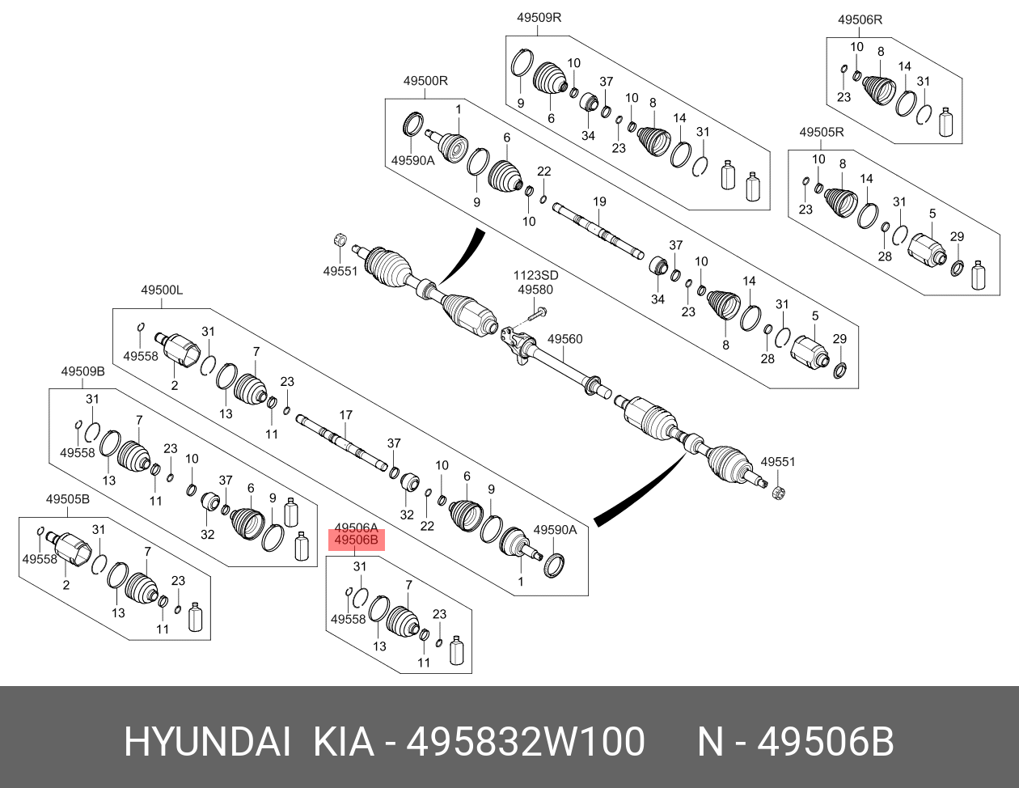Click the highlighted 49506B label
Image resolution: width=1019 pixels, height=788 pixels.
pyautogui.click(x=357, y=540)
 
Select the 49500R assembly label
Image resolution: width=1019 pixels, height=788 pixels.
pyautogui.click(x=425, y=81)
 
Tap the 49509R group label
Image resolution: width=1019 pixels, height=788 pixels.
pyautogui.click(x=539, y=18)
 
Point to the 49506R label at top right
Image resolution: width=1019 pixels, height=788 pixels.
pyautogui.click(x=860, y=19)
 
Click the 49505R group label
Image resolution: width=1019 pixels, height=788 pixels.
pyautogui.click(x=822, y=132)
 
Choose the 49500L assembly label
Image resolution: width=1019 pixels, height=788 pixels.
pyautogui.click(x=162, y=290)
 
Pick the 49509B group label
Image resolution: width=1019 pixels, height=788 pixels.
pyautogui.click(x=83, y=371)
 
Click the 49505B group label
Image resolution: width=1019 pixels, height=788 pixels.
pyautogui.click(x=67, y=499)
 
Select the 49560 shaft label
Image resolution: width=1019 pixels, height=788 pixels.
pyautogui.click(x=565, y=339)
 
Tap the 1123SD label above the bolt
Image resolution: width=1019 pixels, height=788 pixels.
pyautogui.click(x=535, y=275)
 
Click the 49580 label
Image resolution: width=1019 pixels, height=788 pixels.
pyautogui.click(x=535, y=290)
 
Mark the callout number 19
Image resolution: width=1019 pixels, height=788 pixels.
pyautogui.click(x=599, y=201)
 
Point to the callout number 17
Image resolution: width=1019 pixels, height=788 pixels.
pyautogui.click(x=345, y=415)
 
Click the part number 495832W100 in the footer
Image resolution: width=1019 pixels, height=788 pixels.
pyautogui.click(x=525, y=742)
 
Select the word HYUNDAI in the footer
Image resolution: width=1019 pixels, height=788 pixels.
pyautogui.click(x=207, y=742)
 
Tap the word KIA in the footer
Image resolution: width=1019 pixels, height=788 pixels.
pyautogui.click(x=344, y=742)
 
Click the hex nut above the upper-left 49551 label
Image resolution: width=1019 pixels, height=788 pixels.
pyautogui.click(x=339, y=239)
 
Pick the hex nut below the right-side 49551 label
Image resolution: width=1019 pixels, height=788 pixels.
pyautogui.click(x=779, y=493)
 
